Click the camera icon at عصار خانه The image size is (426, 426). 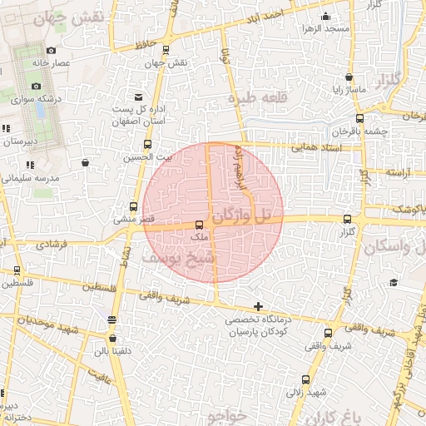(x=52, y=51)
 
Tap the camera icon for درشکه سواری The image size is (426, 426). (x=36, y=87)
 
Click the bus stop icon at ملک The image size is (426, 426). (x=198, y=225)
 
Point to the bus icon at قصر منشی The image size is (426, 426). (x=134, y=206)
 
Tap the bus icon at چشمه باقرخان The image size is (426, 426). (x=359, y=119)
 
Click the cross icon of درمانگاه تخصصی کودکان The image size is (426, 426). (x=259, y=307)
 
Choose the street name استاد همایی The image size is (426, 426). (x=314, y=148)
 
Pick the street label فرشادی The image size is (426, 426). (x=56, y=245)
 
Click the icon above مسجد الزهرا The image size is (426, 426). (x=324, y=16)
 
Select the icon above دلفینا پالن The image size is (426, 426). (x=111, y=339)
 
